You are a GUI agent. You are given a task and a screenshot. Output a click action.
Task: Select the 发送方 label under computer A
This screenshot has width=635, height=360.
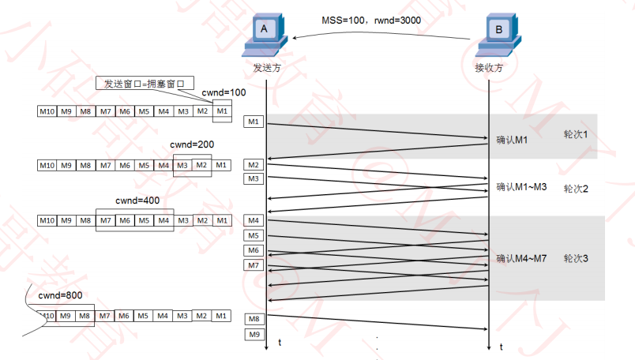[x=266, y=69]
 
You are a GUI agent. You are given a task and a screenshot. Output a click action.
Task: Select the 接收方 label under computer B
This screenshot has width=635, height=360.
[x=489, y=69]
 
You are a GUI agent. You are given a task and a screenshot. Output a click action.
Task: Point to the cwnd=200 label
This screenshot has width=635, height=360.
[x=193, y=145]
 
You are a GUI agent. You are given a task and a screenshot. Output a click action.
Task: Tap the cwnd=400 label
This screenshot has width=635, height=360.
[x=137, y=201]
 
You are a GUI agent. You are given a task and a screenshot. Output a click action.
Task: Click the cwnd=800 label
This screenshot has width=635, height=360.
[x=61, y=295]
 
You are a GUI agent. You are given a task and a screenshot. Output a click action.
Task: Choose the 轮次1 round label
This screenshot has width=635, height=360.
[x=575, y=134]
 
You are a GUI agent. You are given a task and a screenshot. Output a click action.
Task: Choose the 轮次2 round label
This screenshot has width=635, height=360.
[x=576, y=189]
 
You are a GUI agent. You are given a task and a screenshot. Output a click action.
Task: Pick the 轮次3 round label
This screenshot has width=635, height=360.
[x=576, y=258]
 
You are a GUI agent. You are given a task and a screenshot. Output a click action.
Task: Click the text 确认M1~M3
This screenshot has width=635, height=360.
[x=521, y=187]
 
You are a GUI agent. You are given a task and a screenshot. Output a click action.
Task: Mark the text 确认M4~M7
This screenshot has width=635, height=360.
[x=521, y=258]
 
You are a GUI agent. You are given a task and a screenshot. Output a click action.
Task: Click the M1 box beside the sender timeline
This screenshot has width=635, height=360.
[x=253, y=122]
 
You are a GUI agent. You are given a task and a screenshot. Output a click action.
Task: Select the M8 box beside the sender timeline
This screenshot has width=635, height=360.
[x=253, y=319]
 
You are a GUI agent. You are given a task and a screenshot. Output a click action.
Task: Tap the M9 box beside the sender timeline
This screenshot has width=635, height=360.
[x=253, y=335]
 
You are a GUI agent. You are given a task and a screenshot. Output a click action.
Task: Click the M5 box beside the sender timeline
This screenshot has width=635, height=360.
[x=253, y=235]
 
